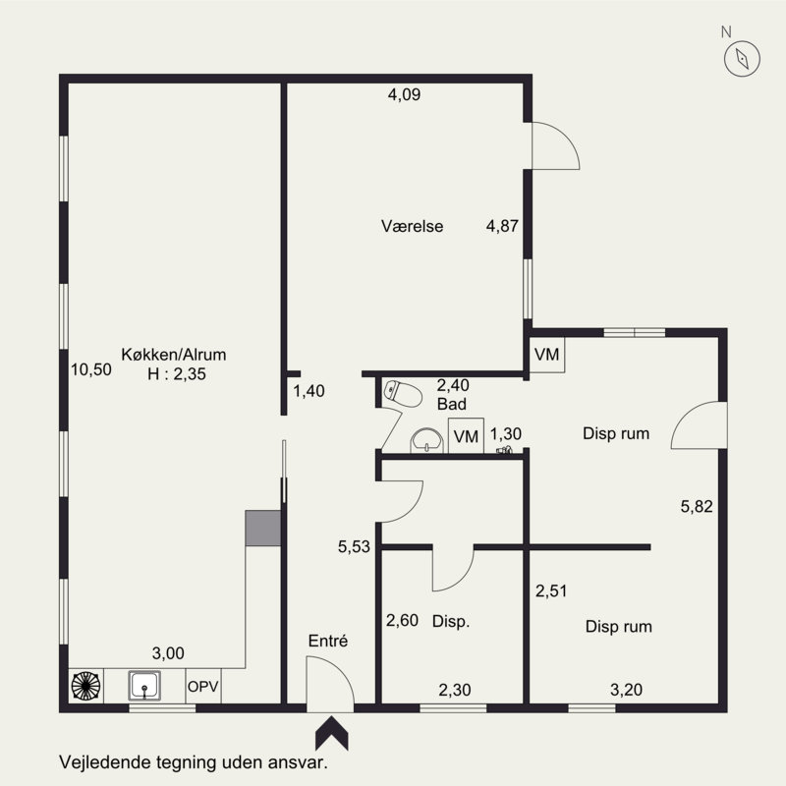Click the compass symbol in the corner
(x=742, y=59)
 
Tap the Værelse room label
(x=412, y=226)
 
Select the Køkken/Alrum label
(x=174, y=355)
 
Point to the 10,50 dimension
(x=90, y=369)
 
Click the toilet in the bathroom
(x=403, y=394)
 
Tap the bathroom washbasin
(x=426, y=440)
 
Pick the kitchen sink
(x=144, y=686)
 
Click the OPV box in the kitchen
(x=203, y=686)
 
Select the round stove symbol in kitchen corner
(x=85, y=686)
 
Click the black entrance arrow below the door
(x=331, y=733)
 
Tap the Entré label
(x=328, y=641)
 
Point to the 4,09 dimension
(x=404, y=94)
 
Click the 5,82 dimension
(x=697, y=506)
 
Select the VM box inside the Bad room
(x=466, y=435)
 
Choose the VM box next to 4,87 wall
(x=547, y=355)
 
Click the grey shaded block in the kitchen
(x=262, y=529)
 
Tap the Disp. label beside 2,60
(x=451, y=622)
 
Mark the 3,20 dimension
(x=626, y=690)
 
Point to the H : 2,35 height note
(x=177, y=374)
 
